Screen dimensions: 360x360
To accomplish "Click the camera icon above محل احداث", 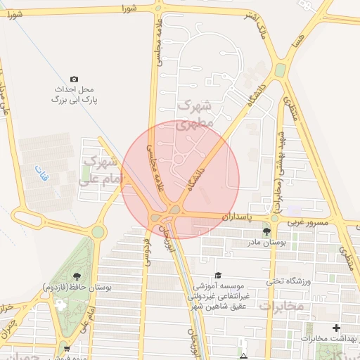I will [x=75, y=79].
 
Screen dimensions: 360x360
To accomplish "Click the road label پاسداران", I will [x=236, y=217].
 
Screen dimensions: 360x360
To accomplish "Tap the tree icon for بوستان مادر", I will [x=266, y=231].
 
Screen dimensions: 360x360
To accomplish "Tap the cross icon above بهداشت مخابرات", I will [x=336, y=328].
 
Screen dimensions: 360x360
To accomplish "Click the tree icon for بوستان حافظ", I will [x=76, y=276].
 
